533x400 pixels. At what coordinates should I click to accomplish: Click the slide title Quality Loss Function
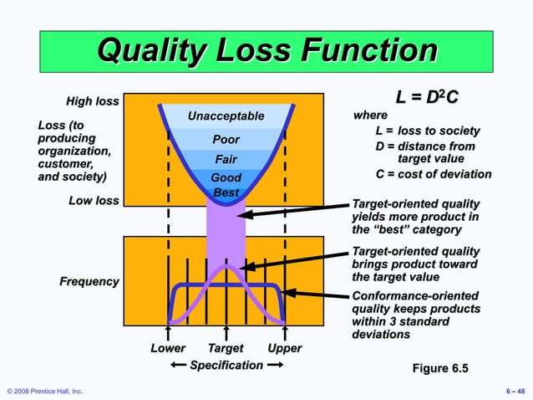click(x=266, y=51)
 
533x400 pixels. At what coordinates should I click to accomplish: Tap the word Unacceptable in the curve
click(x=226, y=116)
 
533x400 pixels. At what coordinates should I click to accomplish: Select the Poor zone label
click(x=226, y=140)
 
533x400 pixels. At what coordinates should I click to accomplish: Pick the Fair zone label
click(x=226, y=159)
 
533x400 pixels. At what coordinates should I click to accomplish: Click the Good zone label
click(x=226, y=177)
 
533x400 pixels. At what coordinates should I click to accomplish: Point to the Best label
click(x=226, y=192)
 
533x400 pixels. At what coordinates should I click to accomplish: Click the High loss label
click(x=92, y=102)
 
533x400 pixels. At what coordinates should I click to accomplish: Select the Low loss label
click(x=94, y=201)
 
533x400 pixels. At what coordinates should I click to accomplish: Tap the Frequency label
click(x=89, y=281)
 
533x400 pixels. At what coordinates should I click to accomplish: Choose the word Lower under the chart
click(x=168, y=348)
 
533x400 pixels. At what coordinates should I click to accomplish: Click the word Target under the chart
click(x=226, y=348)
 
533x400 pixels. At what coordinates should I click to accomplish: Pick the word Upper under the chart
click(x=284, y=348)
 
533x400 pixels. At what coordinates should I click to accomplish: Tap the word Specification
click(x=226, y=366)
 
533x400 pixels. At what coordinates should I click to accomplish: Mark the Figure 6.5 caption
click(x=440, y=368)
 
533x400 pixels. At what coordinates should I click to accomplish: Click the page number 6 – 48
click(x=515, y=391)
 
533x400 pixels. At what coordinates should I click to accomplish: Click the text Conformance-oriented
click(x=415, y=296)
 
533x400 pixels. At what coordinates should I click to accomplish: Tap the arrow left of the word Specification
click(x=178, y=366)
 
